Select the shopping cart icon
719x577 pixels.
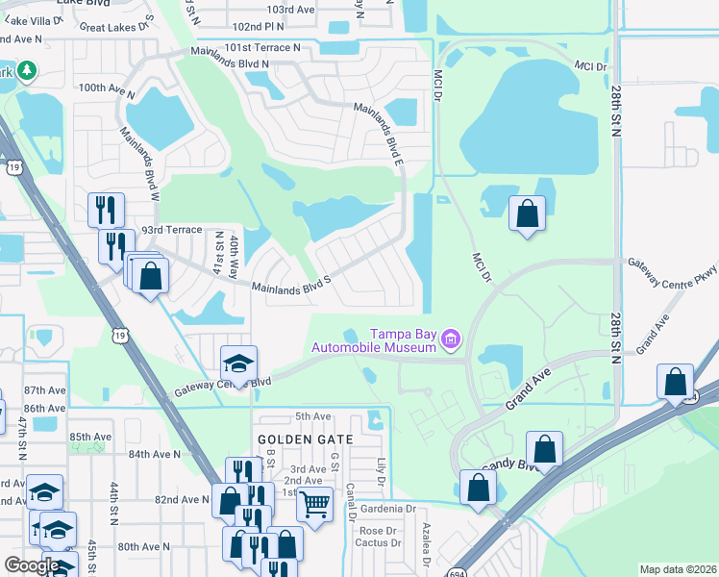[314, 503]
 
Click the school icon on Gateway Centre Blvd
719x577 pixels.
[239, 364]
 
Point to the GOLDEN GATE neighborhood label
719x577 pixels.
[306, 439]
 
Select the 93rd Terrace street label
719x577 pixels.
[172, 230]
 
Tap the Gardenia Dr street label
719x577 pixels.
[389, 509]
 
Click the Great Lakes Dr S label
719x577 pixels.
[117, 25]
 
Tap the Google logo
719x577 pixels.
[32, 565]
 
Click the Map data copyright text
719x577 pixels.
[678, 569]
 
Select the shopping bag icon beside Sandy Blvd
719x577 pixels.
[545, 449]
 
